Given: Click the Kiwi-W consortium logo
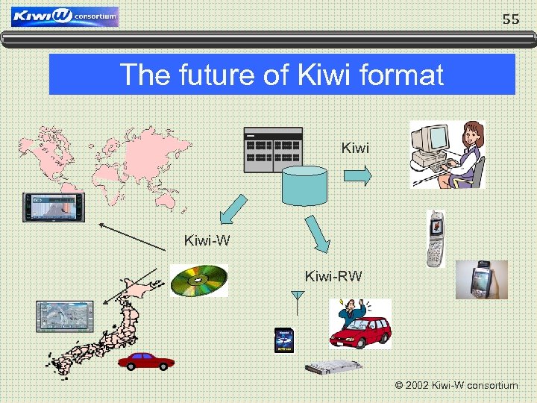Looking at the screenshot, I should point(65,16).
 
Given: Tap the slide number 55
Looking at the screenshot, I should point(510,19).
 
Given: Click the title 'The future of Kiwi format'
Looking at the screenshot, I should point(281,75).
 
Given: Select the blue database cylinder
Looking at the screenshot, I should point(304,185).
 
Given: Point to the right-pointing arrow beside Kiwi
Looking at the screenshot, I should point(357,175).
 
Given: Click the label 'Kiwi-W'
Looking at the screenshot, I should point(207,240).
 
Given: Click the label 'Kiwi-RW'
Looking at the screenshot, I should point(333,277).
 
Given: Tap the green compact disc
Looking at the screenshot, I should point(198,281).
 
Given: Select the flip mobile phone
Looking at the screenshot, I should point(436,238).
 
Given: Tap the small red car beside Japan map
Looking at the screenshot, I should point(146,361).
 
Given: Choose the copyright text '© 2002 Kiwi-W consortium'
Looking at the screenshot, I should point(456,386).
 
